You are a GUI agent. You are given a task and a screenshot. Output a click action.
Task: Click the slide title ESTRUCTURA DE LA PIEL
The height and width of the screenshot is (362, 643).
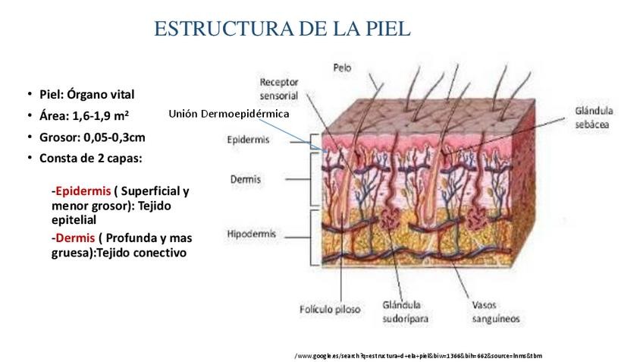pyautogui.click(x=282, y=29)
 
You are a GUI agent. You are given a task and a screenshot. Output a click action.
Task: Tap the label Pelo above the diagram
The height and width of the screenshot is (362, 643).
pyautogui.click(x=343, y=68)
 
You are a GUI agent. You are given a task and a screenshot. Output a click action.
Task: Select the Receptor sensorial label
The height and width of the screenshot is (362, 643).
pyautogui.click(x=278, y=89)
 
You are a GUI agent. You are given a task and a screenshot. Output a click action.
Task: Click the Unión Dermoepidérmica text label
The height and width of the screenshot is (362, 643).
pyautogui.click(x=229, y=113)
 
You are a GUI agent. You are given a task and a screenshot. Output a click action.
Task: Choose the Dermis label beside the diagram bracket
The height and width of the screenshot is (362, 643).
pyautogui.click(x=245, y=180)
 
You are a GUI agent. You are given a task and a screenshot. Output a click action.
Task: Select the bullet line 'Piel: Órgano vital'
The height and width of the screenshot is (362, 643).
pyautogui.click(x=87, y=95)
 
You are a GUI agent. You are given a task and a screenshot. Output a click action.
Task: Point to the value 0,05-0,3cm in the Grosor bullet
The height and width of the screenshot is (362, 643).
pyautogui.click(x=114, y=137)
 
